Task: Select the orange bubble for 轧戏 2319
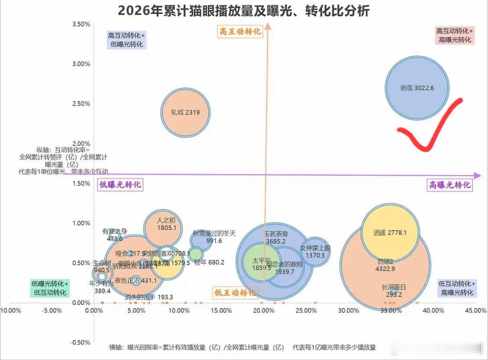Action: coord(186,113)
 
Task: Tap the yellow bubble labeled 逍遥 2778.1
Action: coord(390,232)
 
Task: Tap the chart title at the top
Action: coord(244,10)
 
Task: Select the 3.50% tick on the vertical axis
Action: coord(81,24)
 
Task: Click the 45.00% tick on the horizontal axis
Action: coord(476,311)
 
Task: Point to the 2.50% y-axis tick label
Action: coord(81,104)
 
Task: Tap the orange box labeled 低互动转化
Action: coord(235,292)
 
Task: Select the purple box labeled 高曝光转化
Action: coord(449,185)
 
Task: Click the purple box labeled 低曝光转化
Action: coord(120,184)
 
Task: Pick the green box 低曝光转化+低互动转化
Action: coord(50,288)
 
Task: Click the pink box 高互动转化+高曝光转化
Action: coord(454,35)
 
